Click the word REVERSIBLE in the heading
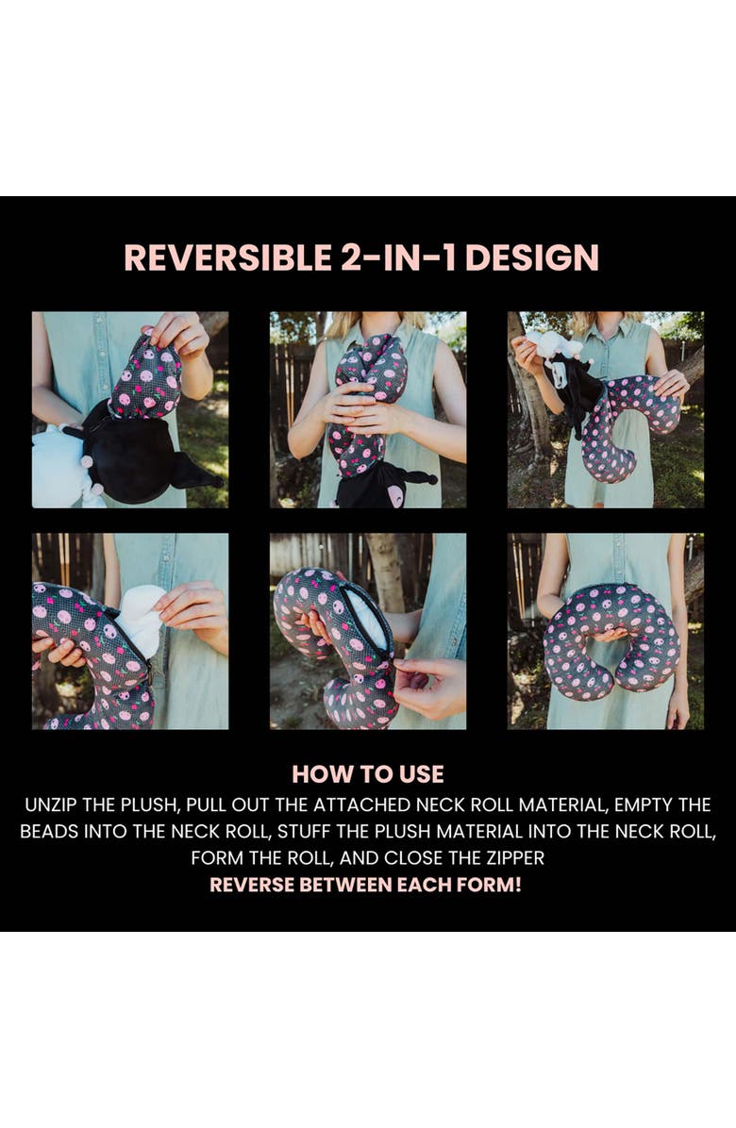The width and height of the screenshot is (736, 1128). [226, 257]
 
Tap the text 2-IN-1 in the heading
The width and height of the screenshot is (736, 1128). [398, 257]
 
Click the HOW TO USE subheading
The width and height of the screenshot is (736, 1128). [368, 774]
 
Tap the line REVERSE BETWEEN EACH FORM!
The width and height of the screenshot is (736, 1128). [365, 884]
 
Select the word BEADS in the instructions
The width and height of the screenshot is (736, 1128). [49, 831]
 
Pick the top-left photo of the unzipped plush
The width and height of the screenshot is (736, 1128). [130, 409]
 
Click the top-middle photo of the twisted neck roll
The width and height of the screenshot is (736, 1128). [368, 409]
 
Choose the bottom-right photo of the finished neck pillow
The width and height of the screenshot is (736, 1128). [606, 631]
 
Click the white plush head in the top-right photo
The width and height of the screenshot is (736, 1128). [553, 345]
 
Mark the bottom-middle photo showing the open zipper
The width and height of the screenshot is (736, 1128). [368, 631]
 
